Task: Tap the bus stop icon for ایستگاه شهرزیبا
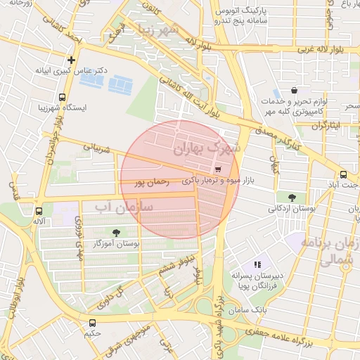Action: [63, 97]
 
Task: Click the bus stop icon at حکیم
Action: [92, 323]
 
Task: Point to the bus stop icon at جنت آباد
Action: [343, 174]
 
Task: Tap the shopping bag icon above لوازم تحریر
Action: [294, 91]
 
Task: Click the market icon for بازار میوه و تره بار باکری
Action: [217, 169]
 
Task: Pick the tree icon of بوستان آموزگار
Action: [116, 232]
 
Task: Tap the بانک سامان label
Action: [250, 309]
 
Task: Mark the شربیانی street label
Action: [97, 148]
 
